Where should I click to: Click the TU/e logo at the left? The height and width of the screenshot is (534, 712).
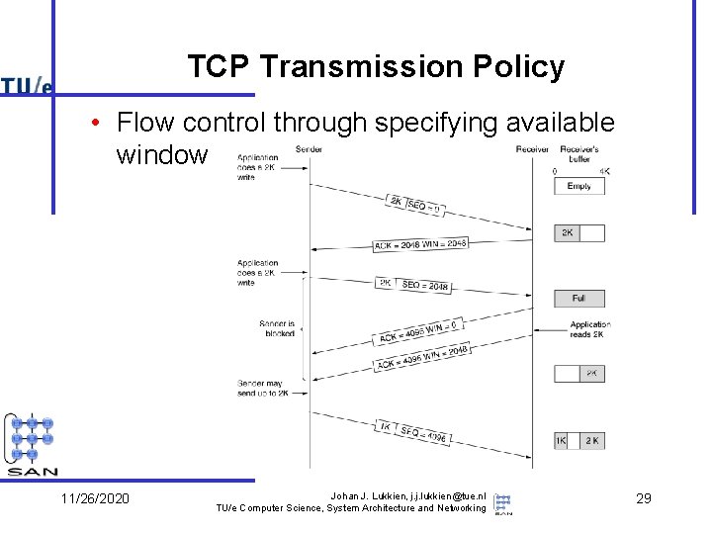click(27, 86)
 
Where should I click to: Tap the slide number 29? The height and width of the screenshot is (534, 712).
click(643, 497)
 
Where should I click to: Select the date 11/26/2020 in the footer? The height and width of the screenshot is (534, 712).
click(95, 497)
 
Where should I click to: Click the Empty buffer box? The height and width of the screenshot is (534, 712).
click(578, 186)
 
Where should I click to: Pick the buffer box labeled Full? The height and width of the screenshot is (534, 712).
click(578, 298)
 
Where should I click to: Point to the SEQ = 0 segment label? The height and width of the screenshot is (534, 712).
click(423, 207)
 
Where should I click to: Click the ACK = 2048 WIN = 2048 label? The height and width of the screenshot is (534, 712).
click(420, 243)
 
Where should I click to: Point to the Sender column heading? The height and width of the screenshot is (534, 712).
click(309, 149)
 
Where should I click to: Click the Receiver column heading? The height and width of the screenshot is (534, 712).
click(532, 149)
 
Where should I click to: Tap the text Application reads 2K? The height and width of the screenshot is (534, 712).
click(589, 329)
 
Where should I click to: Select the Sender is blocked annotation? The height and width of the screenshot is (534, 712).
click(277, 328)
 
